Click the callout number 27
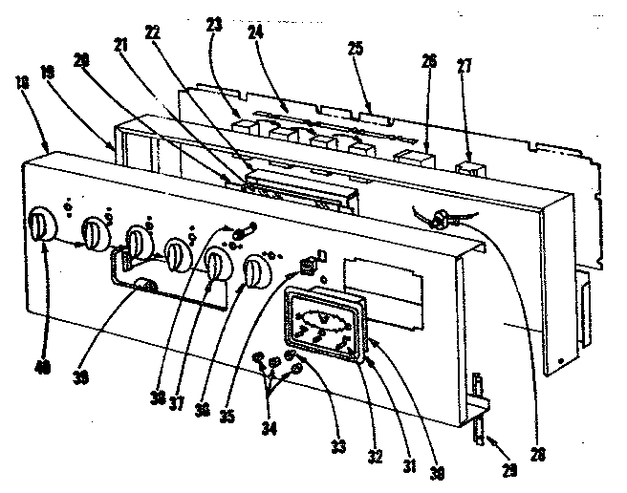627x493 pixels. pos(465,68)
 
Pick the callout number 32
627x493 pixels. pos(375,457)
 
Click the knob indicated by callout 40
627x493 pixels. pos(40,226)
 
